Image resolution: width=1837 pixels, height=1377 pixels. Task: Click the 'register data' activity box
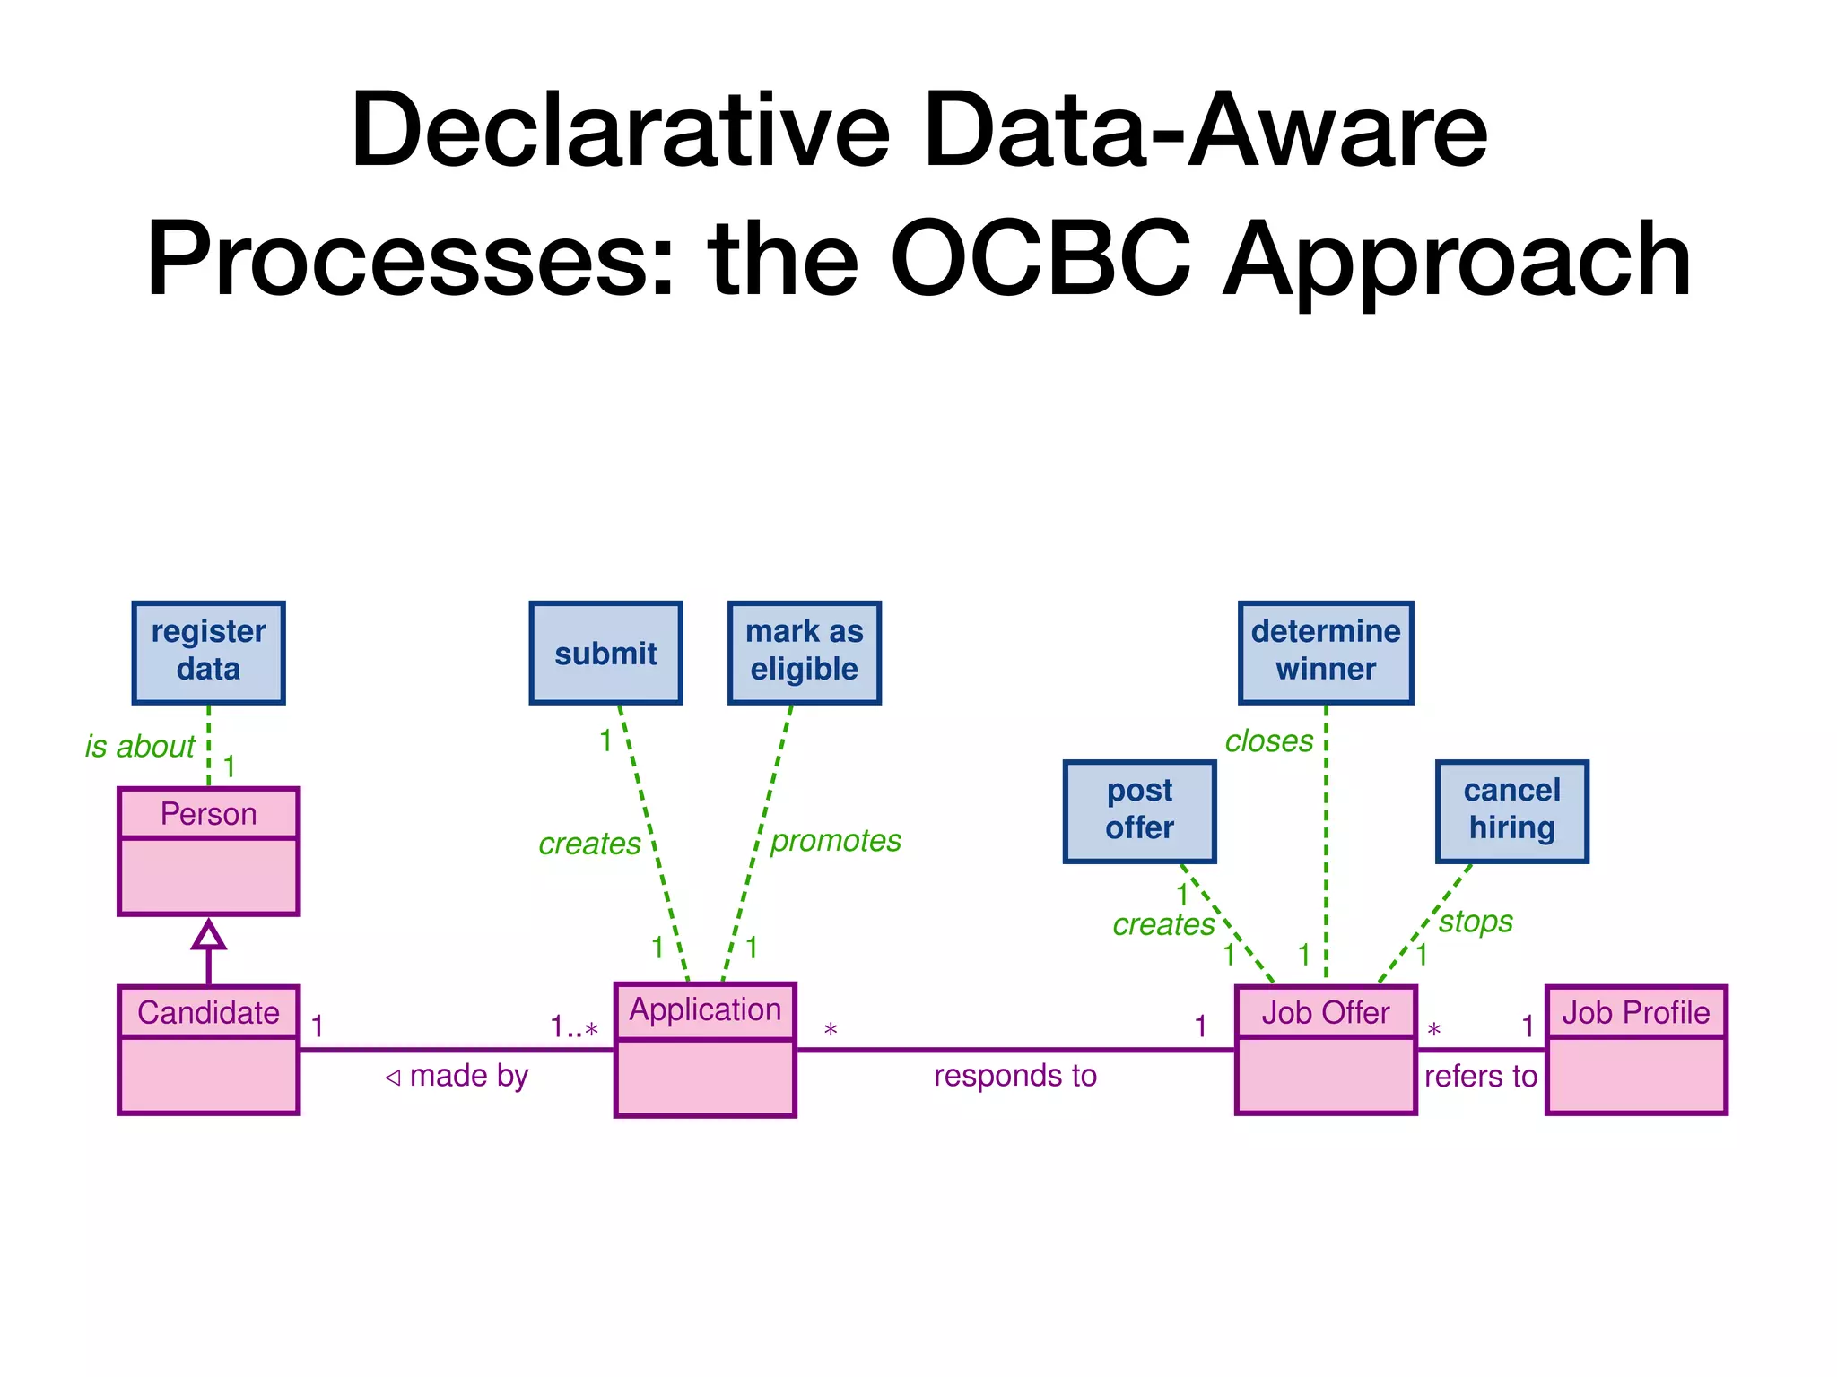pos(208,652)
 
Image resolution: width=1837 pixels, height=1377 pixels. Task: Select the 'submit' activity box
pos(605,653)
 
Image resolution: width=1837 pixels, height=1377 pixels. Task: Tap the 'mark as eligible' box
pos(804,652)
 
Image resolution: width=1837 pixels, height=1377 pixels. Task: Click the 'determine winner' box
pos(1325,652)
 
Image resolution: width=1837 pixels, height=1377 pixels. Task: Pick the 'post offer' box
pos(1139,810)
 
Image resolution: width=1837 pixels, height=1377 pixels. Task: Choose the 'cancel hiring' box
pos(1511,810)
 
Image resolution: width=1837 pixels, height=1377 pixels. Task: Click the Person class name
pos(208,814)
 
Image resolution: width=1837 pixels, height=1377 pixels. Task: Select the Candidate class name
pos(208,1013)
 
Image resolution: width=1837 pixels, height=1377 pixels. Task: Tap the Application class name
pos(705,1010)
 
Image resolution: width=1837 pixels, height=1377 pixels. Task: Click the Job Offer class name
pos(1325,1013)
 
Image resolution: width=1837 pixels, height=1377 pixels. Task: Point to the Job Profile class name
pos(1635,1013)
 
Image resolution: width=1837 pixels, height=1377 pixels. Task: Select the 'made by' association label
pos(468,1076)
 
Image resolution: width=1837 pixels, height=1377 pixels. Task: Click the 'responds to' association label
pos(1014,1076)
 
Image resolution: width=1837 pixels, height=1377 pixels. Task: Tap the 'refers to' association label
pos(1480,1077)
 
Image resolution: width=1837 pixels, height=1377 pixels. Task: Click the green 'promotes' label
pos(835,841)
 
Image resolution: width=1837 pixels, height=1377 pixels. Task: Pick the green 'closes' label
pos(1268,742)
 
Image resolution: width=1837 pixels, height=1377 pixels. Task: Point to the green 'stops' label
pos(1476,922)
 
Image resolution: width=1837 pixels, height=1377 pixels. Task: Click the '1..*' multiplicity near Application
pos(574,1027)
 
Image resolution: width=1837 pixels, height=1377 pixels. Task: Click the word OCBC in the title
pos(1040,260)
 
